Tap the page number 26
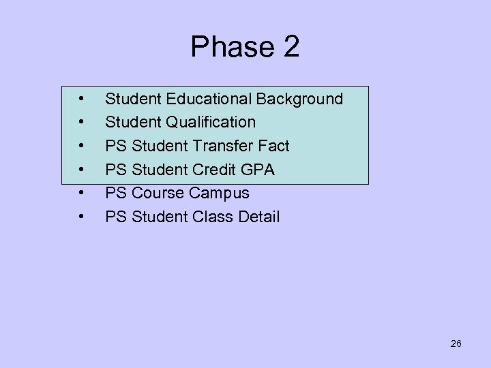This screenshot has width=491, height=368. coord(456,343)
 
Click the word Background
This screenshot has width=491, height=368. coord(299,99)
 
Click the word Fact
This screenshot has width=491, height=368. coord(273,146)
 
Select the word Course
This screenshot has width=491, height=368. coord(158,194)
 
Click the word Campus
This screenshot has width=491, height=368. coord(219,194)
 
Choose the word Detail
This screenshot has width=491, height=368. coord(258,217)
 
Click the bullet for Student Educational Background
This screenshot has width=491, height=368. coord(81,99)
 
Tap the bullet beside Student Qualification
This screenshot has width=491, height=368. coord(81,123)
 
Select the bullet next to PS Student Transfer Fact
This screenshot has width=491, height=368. coord(81,146)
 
